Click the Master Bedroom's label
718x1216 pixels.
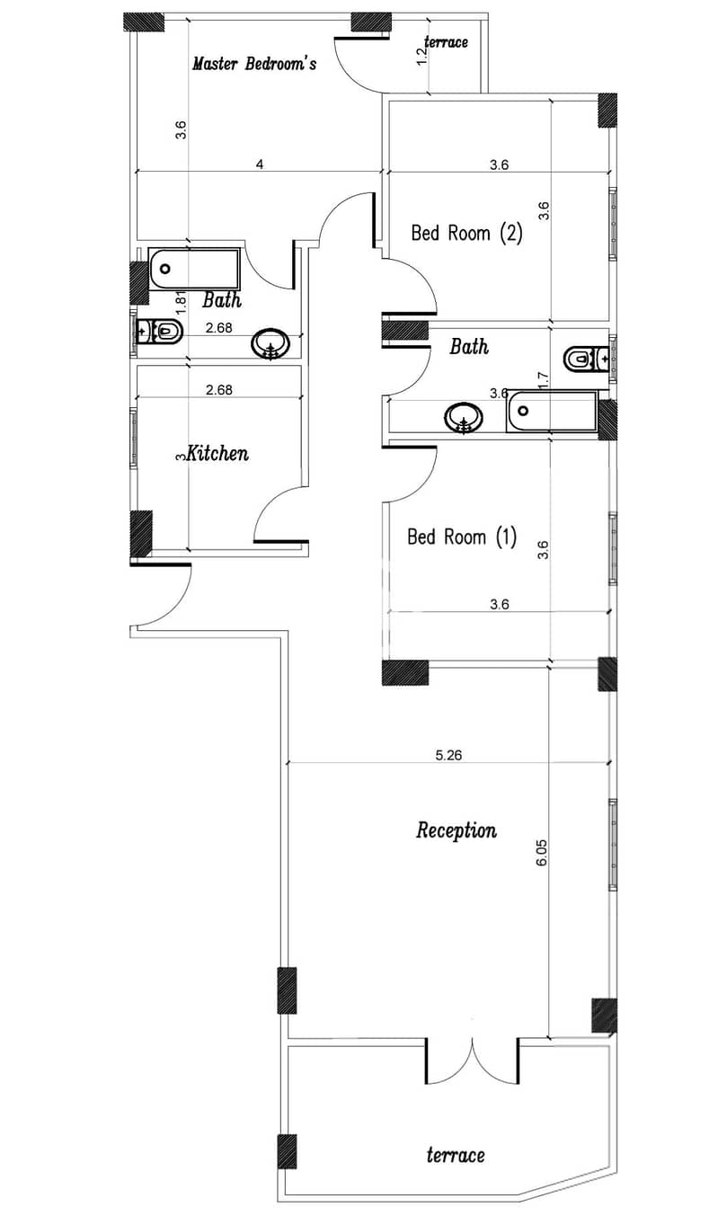(254, 64)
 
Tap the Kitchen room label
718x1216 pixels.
(217, 453)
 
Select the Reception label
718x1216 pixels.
(456, 830)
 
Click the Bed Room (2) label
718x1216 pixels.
(466, 233)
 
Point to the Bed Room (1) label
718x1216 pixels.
(462, 537)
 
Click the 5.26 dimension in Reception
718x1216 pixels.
(448, 755)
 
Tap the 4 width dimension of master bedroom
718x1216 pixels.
(260, 164)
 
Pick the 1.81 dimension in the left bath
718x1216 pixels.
(182, 302)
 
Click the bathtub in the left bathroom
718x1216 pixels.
(194, 269)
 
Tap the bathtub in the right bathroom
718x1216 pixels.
(552, 411)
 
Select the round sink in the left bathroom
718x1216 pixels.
(270, 343)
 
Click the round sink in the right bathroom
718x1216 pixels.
(464, 418)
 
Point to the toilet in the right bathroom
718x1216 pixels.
(586, 359)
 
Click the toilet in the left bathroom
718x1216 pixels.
(159, 331)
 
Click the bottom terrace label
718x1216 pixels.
(456, 1155)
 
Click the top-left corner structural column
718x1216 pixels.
(144, 22)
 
